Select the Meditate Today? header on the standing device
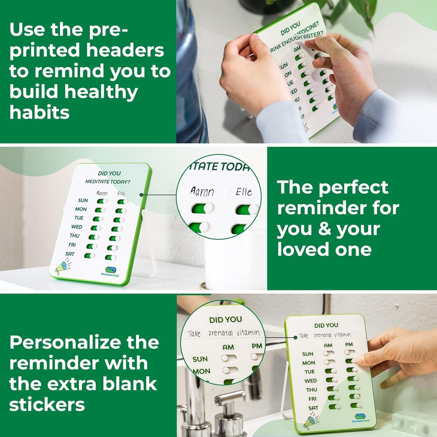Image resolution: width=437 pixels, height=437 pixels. (x=108, y=182)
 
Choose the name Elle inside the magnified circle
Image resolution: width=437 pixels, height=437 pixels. (x=244, y=192)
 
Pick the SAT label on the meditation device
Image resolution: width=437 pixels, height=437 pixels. (x=70, y=254)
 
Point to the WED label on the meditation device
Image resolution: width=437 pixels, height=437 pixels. (x=77, y=227)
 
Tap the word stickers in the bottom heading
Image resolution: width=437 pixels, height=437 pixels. (x=47, y=405)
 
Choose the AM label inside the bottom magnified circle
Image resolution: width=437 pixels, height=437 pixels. (x=228, y=347)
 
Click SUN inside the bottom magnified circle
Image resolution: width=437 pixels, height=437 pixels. (x=200, y=359)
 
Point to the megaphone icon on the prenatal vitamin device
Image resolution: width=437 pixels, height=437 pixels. (x=310, y=421)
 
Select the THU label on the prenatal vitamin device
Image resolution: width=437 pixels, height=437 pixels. (x=311, y=390)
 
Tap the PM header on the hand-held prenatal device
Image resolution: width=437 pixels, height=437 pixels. (x=349, y=345)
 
